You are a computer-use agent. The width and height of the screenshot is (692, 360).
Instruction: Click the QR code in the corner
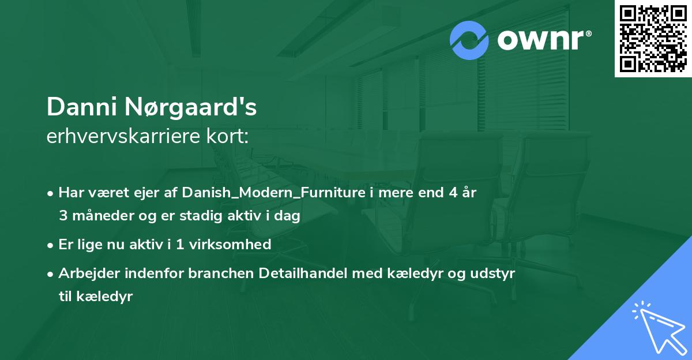[653, 38]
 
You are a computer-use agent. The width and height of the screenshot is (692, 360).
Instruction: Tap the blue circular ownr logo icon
[469, 40]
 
